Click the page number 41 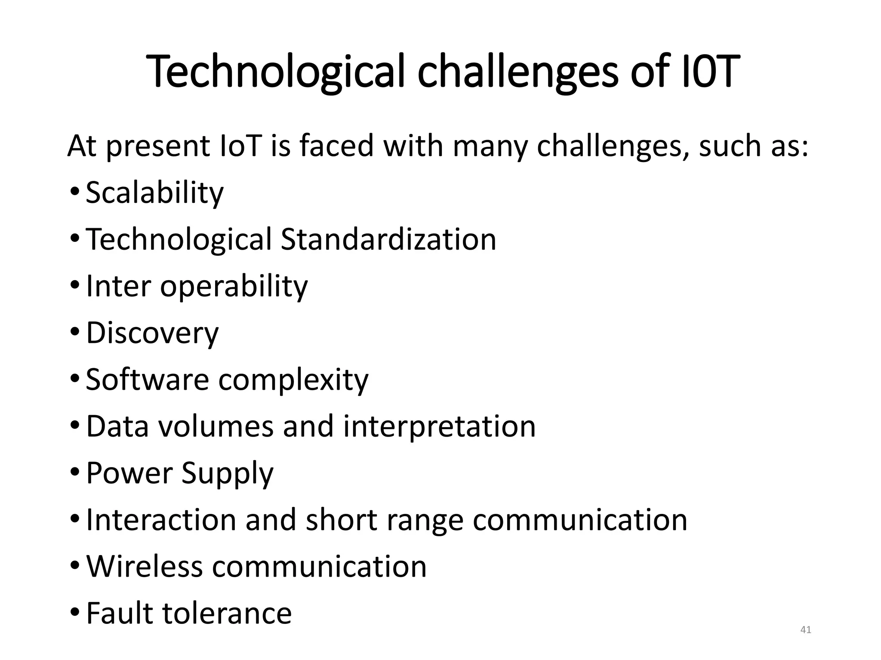click(805, 630)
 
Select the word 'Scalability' click(154, 192)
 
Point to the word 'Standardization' click(388, 239)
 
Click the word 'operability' click(234, 286)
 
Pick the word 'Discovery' click(152, 333)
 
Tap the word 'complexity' click(293, 380)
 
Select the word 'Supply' click(227, 474)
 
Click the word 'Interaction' click(161, 520)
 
